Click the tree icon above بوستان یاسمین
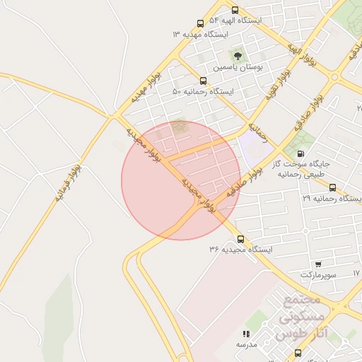pos(238,54)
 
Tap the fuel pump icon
pos(301,153)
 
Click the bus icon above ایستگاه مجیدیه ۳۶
pos(240,239)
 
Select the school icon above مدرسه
pos(246,334)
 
